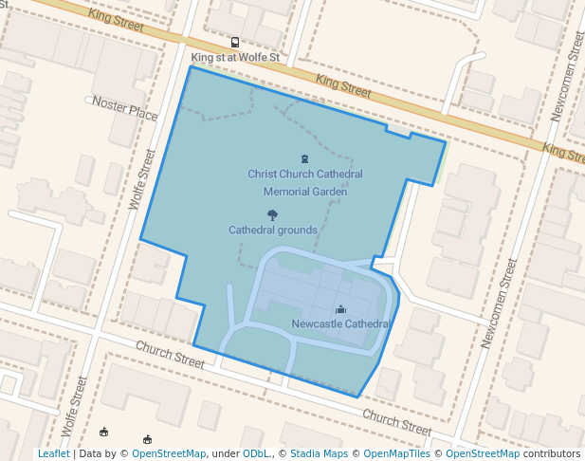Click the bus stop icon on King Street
click(x=235, y=43)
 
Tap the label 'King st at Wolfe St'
click(x=235, y=58)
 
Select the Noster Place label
click(x=124, y=107)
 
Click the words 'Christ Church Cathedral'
click(x=305, y=175)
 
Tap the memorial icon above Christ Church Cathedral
click(x=304, y=158)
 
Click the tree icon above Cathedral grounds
click(x=273, y=215)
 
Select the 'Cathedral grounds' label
click(x=273, y=230)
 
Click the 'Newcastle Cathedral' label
click(x=341, y=324)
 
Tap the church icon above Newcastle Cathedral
click(x=341, y=309)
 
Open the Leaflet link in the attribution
click(x=54, y=454)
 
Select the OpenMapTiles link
click(x=397, y=454)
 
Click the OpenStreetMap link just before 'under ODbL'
click(x=169, y=454)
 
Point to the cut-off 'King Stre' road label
click(x=564, y=151)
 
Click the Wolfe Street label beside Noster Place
click(x=140, y=178)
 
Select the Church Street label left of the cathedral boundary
click(x=169, y=355)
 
